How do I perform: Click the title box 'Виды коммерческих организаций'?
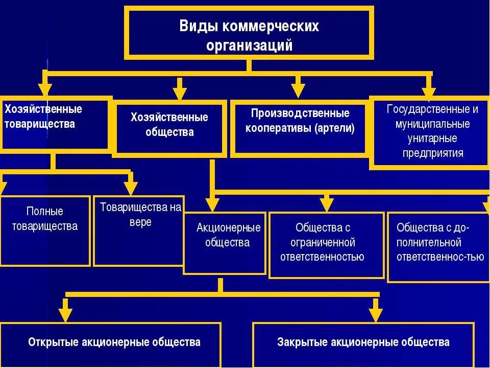pyautogui.click(x=249, y=34)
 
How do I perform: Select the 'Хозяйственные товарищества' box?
pyautogui.click(x=55, y=124)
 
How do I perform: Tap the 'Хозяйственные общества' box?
pyautogui.click(x=169, y=128)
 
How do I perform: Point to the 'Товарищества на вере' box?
pyautogui.click(x=139, y=230)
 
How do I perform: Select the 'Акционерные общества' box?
pyautogui.click(x=225, y=243)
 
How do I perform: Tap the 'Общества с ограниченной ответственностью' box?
pyautogui.click(x=326, y=244)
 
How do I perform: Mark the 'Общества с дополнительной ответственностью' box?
pyautogui.click(x=438, y=247)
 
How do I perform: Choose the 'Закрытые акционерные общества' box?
pyautogui.click(x=363, y=343)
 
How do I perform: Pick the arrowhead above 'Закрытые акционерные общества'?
pyautogui.click(x=376, y=313)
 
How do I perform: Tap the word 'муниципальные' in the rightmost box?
pyautogui.click(x=432, y=124)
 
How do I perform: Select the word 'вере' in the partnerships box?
pyautogui.click(x=140, y=223)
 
